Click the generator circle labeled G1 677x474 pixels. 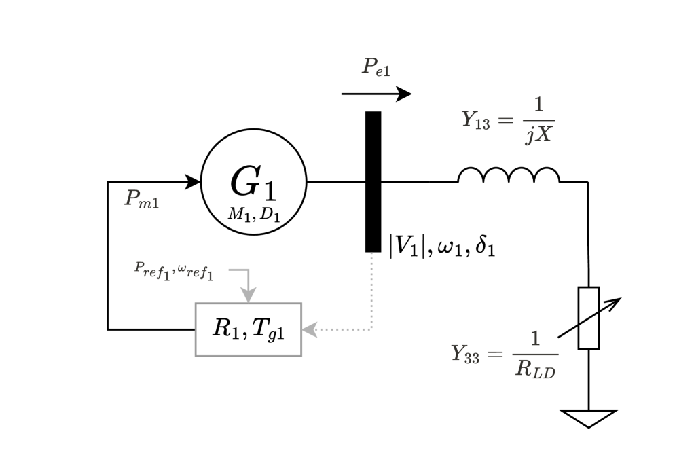[x=254, y=181]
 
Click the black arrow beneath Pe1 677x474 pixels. [x=376, y=94]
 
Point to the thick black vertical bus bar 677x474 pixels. [x=373, y=181]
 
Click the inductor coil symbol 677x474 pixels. [x=509, y=175]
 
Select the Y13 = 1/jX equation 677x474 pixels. [x=508, y=121]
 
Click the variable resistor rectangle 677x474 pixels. [x=588, y=318]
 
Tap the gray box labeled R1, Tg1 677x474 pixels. [x=248, y=329]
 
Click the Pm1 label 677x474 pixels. [x=142, y=199]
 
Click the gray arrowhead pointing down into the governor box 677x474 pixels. [x=249, y=295]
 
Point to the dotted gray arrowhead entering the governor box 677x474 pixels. [x=310, y=330]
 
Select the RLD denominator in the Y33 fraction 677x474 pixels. [x=535, y=369]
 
